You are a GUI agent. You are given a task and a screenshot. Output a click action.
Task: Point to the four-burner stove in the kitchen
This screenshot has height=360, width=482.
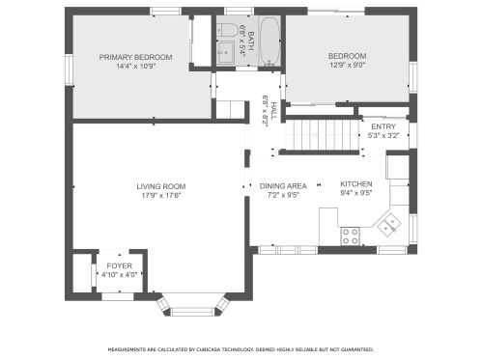point(351,234)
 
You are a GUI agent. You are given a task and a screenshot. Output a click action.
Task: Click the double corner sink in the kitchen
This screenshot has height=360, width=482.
point(390,225)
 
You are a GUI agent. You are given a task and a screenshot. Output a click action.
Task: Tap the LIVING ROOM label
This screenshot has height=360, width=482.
point(160,186)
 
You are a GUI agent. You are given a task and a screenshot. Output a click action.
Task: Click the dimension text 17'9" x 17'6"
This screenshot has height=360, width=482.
point(160,196)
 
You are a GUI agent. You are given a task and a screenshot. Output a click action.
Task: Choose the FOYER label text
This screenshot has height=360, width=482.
point(119,265)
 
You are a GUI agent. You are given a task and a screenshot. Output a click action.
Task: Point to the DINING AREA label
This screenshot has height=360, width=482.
point(284,186)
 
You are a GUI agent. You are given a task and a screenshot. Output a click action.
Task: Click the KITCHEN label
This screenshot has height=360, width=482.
point(355,184)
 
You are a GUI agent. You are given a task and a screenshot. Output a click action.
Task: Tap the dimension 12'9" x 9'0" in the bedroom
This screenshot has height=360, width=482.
point(348,66)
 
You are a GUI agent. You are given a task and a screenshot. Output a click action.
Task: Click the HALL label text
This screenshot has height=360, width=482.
point(273,110)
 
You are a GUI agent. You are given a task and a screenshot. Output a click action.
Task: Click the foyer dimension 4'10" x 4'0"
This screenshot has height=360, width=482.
point(119,275)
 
